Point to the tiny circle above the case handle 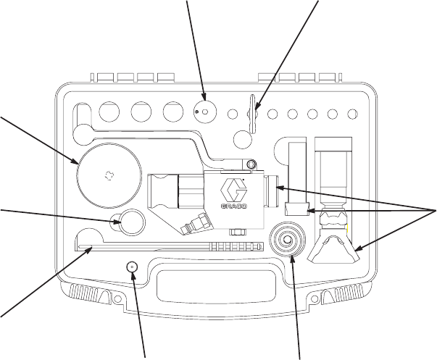point(132,266)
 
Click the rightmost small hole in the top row point(353,113)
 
